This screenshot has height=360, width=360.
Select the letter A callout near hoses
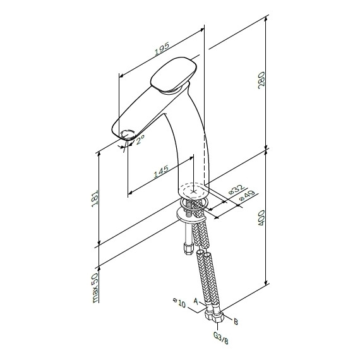pyautogui.click(x=196, y=303)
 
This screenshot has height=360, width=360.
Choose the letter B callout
pyautogui.click(x=235, y=321)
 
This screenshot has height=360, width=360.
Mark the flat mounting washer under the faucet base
pyautogui.click(x=189, y=217)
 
